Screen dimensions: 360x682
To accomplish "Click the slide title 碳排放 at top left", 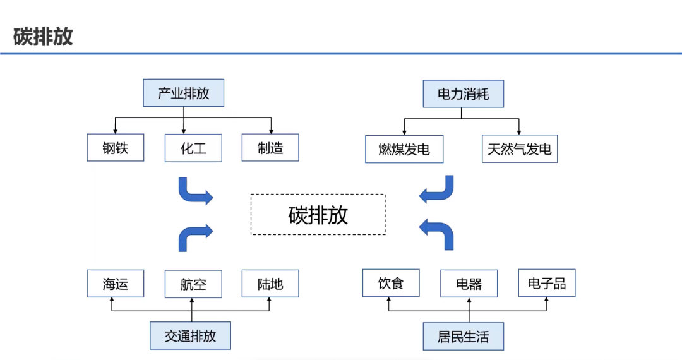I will pos(43,36).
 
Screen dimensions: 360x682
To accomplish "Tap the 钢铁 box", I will pos(116,149).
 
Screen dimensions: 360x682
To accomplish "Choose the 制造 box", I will pos(270,148).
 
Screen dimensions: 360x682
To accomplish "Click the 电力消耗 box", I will pos(463,95).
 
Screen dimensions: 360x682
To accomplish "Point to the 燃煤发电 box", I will pos(404,150).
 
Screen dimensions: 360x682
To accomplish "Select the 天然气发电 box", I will pos(519,150).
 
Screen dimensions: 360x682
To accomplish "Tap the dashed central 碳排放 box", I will pos(318,215).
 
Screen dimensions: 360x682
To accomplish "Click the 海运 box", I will pos(116,284).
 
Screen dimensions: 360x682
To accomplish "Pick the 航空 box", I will pos(193,284).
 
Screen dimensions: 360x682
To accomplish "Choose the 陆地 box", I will pos(270,284).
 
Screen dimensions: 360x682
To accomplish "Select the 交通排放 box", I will pos(190,335).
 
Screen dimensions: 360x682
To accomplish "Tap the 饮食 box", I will pos(391,283).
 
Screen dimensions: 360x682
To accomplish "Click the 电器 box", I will pos(469,284).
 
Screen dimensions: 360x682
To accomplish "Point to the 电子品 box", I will pos(547,283).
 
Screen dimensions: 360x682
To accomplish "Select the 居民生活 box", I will pos(463,335).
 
